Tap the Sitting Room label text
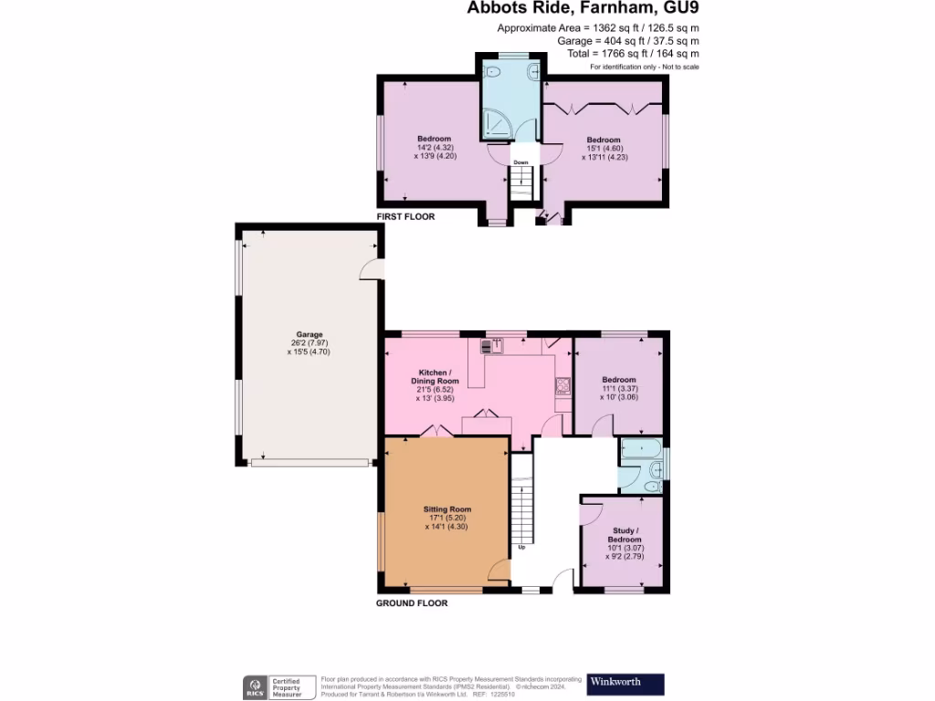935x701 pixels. click(x=446, y=509)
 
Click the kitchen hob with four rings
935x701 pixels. click(x=562, y=385)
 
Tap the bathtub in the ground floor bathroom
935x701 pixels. click(x=640, y=449)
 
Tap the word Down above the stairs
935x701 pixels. click(x=520, y=162)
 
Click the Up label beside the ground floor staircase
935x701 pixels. click(x=521, y=548)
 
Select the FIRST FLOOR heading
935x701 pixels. click(x=405, y=217)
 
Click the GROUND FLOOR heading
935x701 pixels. click(x=412, y=603)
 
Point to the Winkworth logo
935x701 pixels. click(x=625, y=683)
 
